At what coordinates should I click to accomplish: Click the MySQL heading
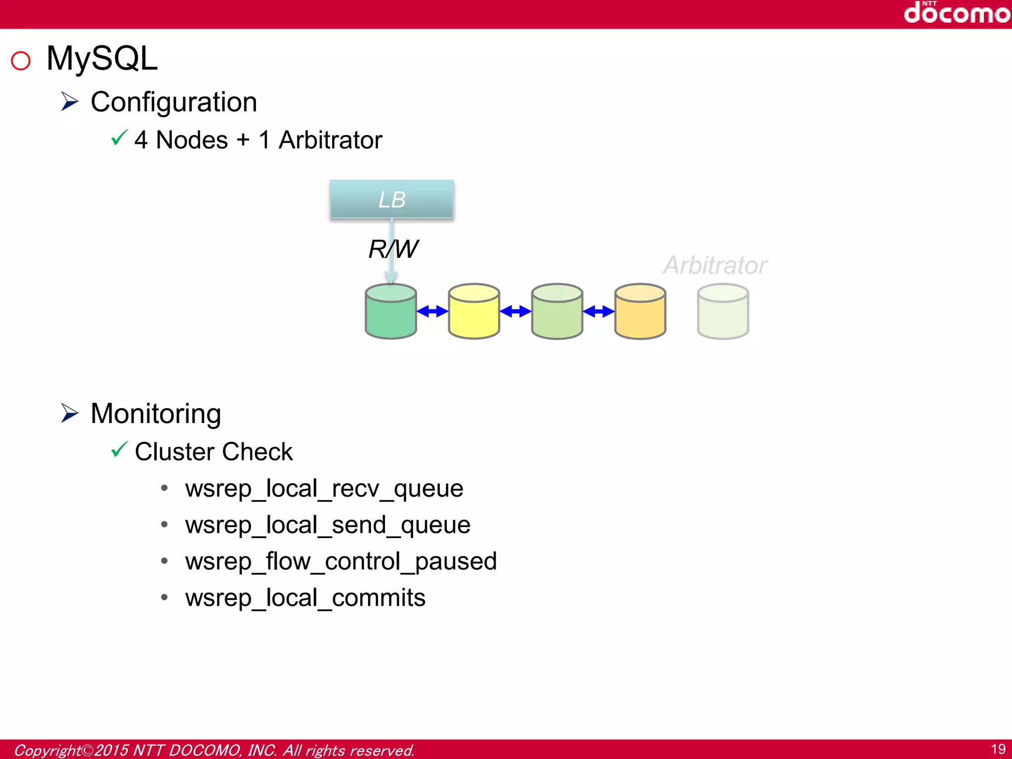tap(102, 59)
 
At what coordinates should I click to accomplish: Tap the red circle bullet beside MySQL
tap(21, 61)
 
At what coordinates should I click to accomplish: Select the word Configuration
tap(173, 102)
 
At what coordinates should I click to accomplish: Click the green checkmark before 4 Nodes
tap(119, 138)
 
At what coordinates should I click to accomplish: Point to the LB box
tap(391, 200)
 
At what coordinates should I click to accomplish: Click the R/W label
tap(393, 249)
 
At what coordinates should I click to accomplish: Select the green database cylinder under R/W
tap(390, 312)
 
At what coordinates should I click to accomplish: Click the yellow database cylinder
tap(473, 312)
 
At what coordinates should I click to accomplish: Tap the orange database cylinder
tap(640, 312)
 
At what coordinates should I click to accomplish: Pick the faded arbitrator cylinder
tap(722, 312)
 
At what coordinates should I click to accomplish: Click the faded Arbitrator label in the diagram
tap(715, 265)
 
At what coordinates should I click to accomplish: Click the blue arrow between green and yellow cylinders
tap(432, 311)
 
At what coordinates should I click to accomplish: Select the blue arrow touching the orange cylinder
tap(598, 311)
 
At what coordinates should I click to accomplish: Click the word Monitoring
tap(156, 414)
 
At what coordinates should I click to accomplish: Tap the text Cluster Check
tap(213, 452)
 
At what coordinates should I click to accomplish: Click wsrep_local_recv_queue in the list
tap(324, 489)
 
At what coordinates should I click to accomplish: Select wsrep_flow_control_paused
tap(341, 561)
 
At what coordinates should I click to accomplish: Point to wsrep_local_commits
tap(305, 598)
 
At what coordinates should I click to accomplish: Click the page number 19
tap(998, 749)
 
